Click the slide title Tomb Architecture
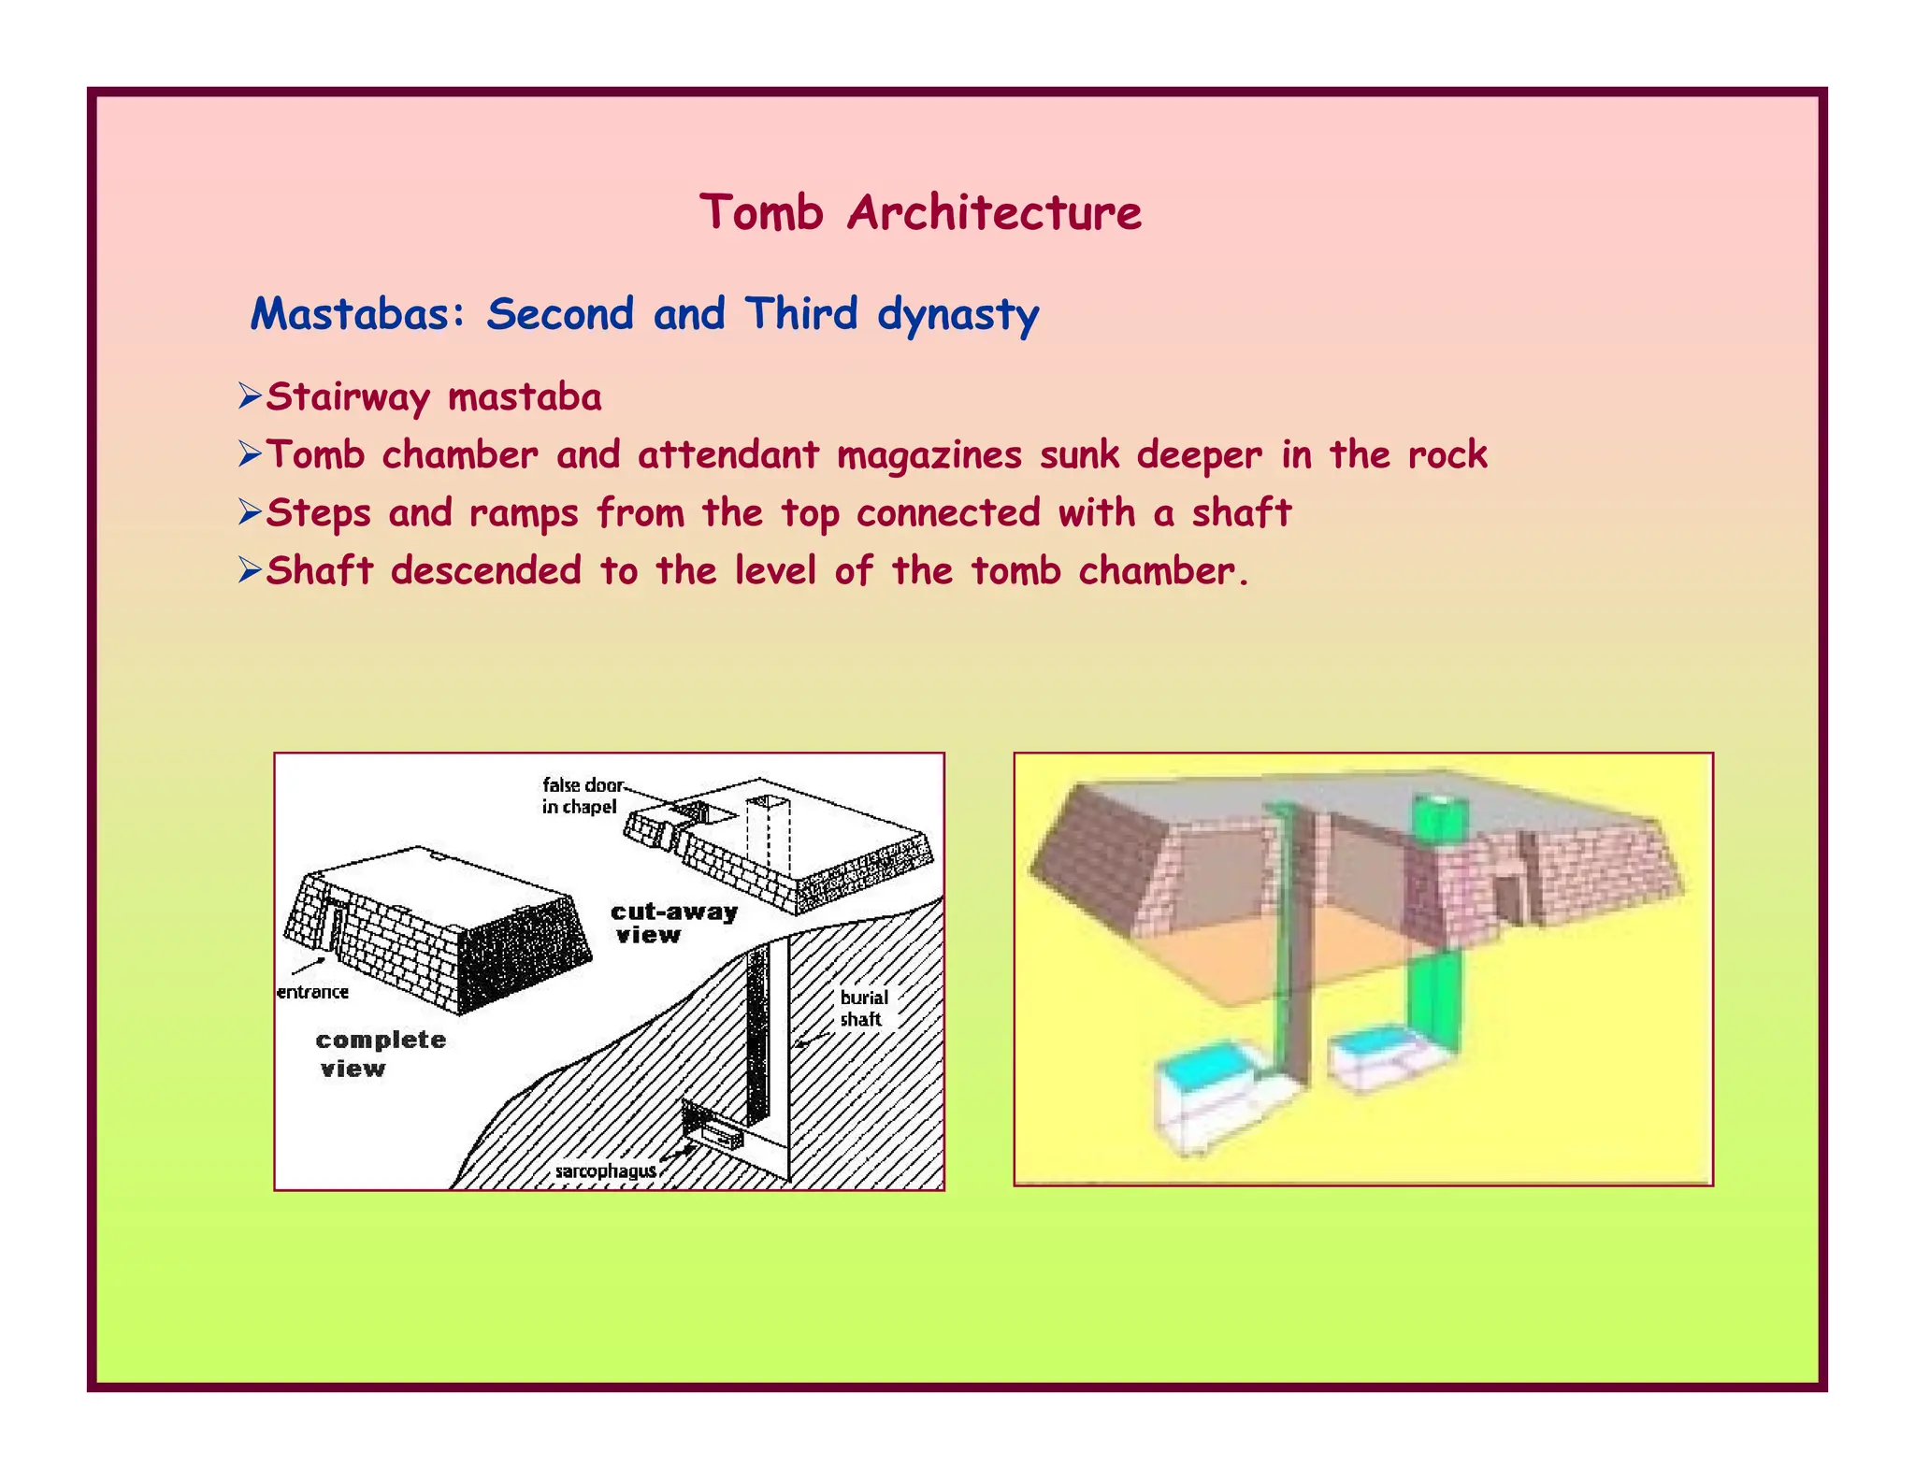tap(920, 212)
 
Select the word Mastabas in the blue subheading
tap(351, 314)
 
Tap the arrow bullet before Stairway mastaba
tap(249, 396)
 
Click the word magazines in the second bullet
tap(929, 455)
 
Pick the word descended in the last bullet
tap(486, 571)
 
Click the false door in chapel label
tap(582, 796)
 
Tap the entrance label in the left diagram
tap(313, 992)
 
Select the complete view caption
tap(380, 1054)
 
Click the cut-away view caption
tap(673, 923)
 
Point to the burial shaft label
tap(862, 1008)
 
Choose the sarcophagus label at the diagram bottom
tap(606, 1171)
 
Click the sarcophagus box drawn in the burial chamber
tap(720, 1136)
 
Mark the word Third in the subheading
tap(801, 314)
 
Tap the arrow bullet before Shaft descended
tap(249, 570)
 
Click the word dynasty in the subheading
tap(957, 315)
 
